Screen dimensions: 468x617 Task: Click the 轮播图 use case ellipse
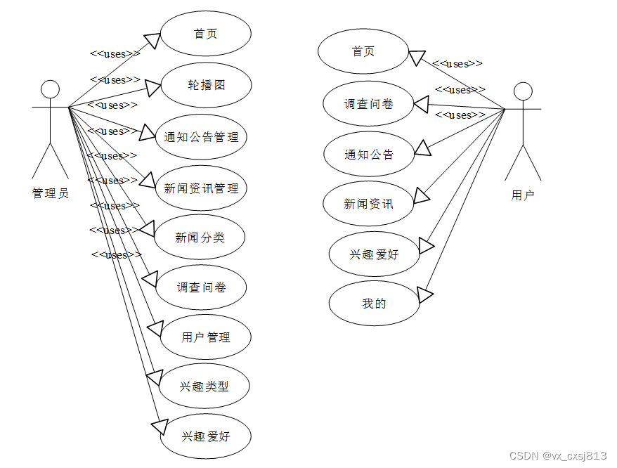[x=206, y=85]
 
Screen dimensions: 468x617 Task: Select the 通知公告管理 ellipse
[x=202, y=137]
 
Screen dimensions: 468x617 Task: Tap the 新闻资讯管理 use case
[x=201, y=188]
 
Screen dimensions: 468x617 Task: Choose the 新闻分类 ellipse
[x=200, y=238]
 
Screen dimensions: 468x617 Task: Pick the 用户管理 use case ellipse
[x=205, y=337]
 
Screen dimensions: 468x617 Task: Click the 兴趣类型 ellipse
[x=204, y=386]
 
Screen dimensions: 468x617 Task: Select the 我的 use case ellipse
[x=375, y=304]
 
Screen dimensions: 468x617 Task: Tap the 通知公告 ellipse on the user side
[x=369, y=155]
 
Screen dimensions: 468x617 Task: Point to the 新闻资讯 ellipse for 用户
[x=368, y=204]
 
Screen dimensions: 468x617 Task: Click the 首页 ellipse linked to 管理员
[x=206, y=34]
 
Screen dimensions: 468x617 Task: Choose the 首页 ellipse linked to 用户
[x=363, y=51]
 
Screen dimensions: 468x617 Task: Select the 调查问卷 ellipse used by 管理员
[x=201, y=287]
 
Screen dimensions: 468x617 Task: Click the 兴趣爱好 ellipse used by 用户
[x=374, y=254]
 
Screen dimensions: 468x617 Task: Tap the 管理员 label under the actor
[x=51, y=193]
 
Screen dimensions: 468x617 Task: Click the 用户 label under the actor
[x=523, y=195]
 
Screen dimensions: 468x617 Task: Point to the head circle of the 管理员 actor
[x=50, y=89]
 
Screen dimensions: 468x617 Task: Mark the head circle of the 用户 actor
[x=523, y=91]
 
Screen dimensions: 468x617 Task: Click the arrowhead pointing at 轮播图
[x=154, y=88]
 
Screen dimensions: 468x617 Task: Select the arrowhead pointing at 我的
[x=425, y=293]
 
